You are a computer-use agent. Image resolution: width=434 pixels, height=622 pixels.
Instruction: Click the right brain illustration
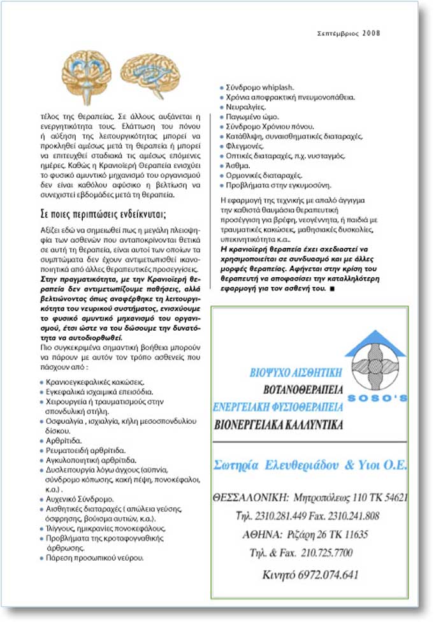click(x=148, y=71)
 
